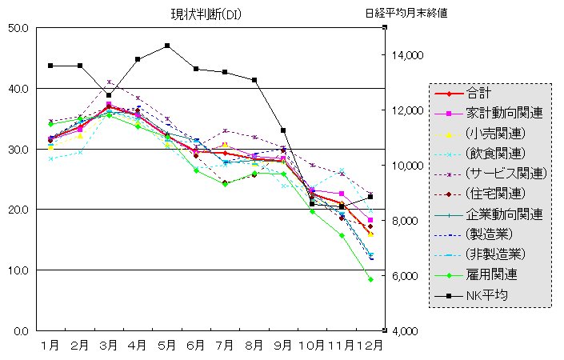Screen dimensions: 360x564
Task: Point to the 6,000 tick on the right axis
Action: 406,276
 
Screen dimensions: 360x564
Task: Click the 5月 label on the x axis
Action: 166,346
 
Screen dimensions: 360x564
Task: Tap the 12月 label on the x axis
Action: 370,346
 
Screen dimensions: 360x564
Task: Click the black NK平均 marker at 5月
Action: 167,46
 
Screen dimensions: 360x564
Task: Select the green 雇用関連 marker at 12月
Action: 370,279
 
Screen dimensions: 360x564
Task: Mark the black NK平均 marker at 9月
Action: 283,130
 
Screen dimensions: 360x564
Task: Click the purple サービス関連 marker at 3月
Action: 109,82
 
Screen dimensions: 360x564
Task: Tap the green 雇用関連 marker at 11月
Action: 342,236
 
